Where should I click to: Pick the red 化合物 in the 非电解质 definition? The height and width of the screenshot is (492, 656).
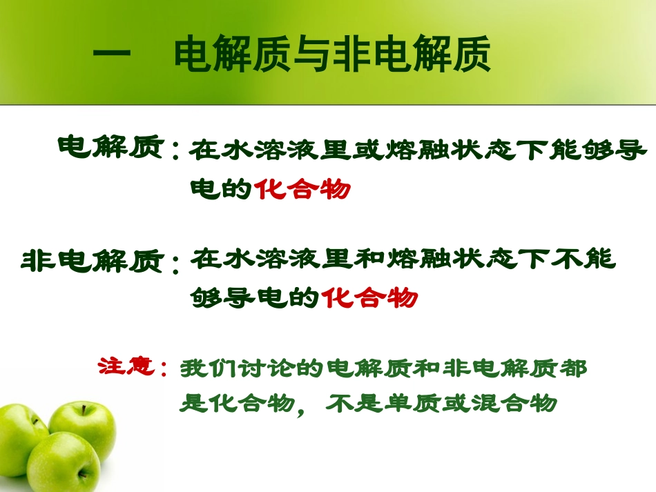pos(370,297)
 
